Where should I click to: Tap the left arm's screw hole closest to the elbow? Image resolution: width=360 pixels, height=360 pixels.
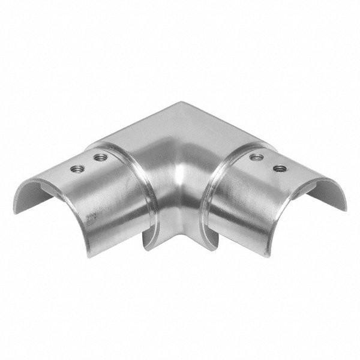(101, 158)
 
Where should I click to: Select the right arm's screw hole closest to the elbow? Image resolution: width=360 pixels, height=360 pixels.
(257, 157)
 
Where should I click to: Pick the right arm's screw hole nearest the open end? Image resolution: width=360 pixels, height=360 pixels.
(279, 168)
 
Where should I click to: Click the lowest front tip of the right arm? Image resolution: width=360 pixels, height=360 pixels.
(271, 254)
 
